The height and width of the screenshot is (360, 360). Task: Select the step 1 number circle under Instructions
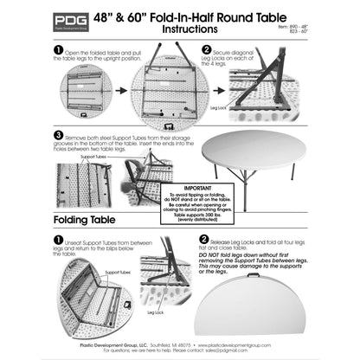[x=59, y=50]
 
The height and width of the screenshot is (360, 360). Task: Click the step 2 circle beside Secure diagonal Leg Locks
[x=206, y=50]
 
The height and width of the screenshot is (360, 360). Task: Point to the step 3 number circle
[x=59, y=136]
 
